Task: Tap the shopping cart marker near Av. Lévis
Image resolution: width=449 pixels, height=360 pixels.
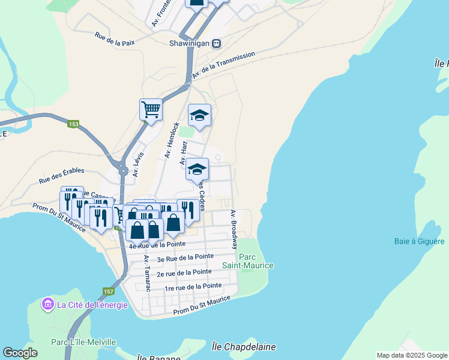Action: (151, 110)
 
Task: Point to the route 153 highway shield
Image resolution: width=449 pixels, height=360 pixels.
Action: (73, 124)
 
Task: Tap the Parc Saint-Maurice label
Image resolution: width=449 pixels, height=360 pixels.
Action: (248, 261)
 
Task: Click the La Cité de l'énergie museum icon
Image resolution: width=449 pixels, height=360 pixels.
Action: (47, 305)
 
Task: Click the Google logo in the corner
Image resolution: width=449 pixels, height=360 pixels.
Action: (20, 352)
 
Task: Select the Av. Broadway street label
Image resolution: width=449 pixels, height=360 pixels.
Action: (234, 230)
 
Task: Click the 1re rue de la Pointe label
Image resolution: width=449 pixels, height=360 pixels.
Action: (193, 287)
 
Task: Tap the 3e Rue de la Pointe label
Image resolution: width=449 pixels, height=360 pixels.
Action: (185, 258)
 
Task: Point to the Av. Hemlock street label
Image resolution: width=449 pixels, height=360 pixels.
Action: (172, 140)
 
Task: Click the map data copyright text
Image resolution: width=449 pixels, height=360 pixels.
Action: (411, 355)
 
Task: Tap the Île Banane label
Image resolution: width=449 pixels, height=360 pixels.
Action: (158, 358)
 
